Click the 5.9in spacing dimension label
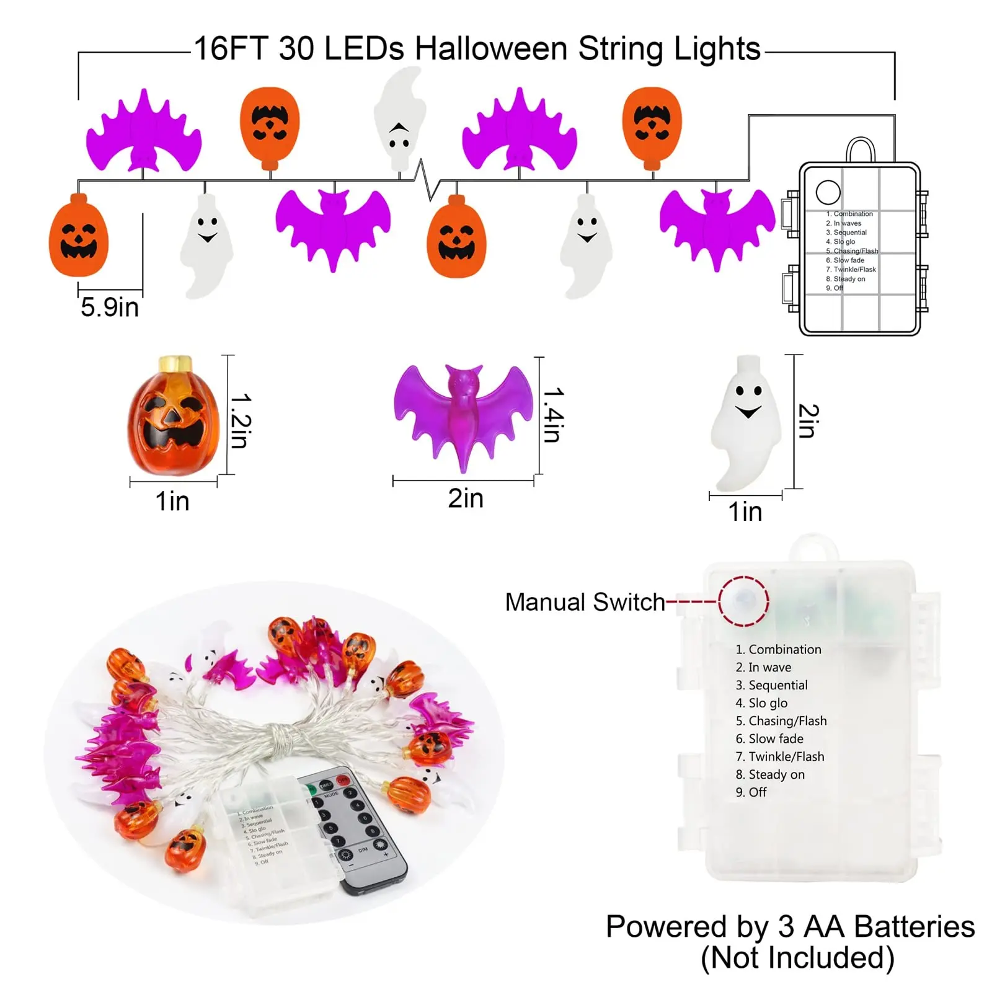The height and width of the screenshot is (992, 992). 109,307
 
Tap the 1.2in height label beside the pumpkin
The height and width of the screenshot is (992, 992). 240,420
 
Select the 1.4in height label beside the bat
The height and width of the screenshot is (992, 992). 553,415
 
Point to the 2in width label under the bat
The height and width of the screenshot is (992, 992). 466,498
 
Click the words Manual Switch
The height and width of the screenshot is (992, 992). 585,602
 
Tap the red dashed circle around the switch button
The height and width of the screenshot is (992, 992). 743,601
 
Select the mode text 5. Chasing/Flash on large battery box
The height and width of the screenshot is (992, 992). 781,720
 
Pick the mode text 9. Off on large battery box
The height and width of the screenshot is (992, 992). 751,792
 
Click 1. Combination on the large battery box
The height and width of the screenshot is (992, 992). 779,649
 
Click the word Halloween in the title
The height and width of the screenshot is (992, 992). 490,48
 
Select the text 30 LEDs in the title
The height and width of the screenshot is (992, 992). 341,48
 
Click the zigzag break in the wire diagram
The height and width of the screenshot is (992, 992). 427,180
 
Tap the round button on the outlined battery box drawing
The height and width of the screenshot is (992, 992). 828,192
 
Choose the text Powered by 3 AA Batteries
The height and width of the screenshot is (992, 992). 790,926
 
